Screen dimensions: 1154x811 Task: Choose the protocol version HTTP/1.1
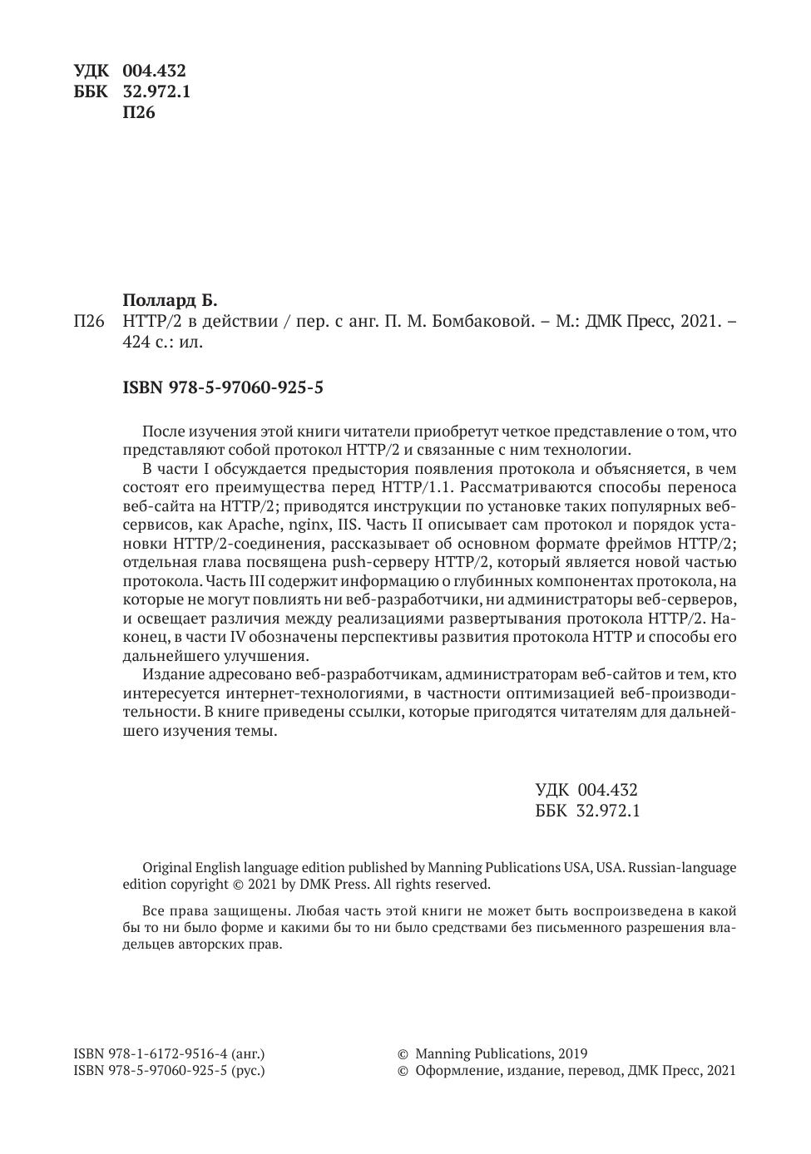tap(419, 487)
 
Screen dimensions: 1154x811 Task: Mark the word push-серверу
tap(373, 562)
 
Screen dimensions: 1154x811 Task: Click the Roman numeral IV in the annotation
tap(237, 637)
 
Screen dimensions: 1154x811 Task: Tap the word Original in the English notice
tap(168, 867)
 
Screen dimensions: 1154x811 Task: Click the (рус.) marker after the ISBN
tap(248, 1071)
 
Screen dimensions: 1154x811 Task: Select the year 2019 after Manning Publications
tap(571, 1053)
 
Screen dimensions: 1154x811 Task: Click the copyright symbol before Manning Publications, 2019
tap(403, 1053)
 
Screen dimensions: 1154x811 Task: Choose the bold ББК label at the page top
tap(91, 91)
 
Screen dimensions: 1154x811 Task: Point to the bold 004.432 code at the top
tap(154, 71)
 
